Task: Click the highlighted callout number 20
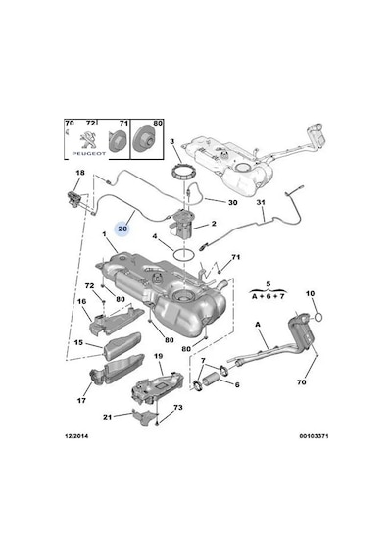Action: pos(122,229)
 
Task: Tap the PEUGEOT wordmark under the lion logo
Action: pos(89,154)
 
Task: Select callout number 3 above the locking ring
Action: pos(172,142)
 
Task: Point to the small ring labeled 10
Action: pos(318,317)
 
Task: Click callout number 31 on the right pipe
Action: pos(261,202)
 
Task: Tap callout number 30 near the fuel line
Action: pos(232,202)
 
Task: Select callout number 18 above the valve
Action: pos(80,173)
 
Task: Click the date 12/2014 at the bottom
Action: pos(76,436)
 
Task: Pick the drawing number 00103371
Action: pos(314,436)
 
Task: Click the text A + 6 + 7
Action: pos(268,296)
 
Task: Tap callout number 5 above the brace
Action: pos(268,284)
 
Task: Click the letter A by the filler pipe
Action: pos(258,325)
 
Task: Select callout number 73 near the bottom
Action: pos(177,407)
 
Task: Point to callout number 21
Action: pos(107,417)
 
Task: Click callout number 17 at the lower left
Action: pos(81,400)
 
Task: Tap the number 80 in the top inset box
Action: pos(158,123)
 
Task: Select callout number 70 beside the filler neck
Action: pos(302,382)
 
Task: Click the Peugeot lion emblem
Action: pos(88,139)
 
